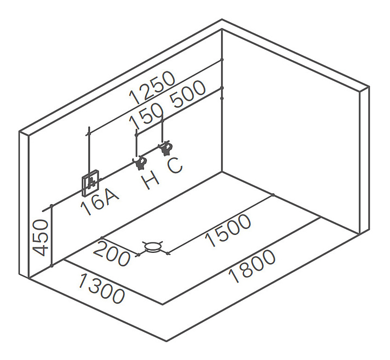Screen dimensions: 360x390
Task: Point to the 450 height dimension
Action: [x=42, y=237]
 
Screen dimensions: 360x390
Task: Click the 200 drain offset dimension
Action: [x=112, y=253]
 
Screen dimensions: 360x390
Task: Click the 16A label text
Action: [x=100, y=203]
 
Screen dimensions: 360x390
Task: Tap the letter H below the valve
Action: [x=151, y=180]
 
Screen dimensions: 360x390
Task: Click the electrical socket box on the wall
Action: [x=90, y=184]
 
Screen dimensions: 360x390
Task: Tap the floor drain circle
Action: [x=153, y=247]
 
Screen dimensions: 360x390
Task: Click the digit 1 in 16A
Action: [x=86, y=210]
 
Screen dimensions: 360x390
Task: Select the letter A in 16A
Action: [x=112, y=195]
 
